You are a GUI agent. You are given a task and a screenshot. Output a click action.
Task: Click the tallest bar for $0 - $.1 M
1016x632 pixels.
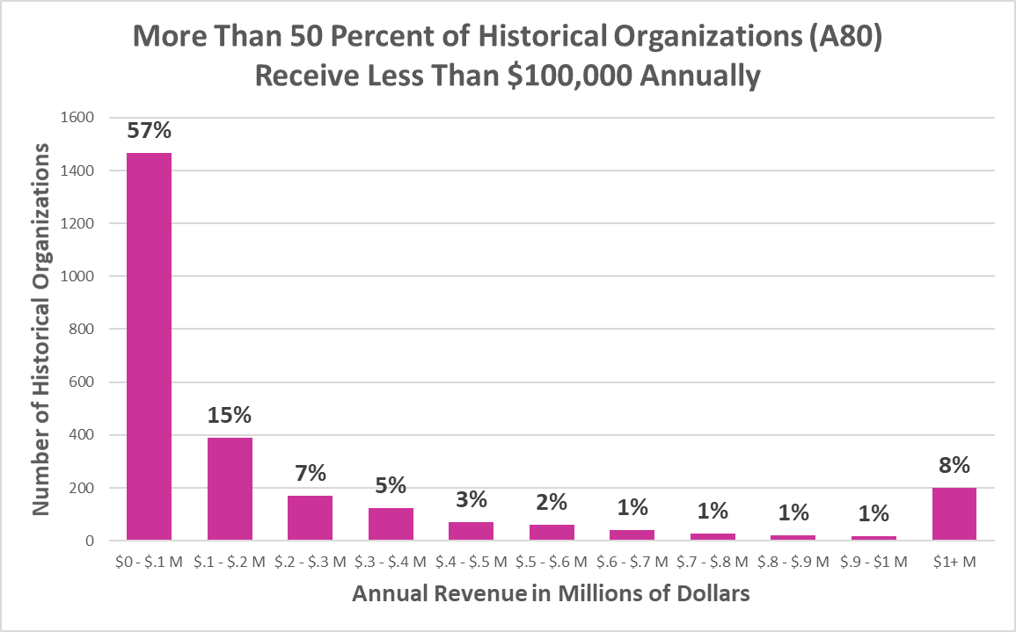[149, 346]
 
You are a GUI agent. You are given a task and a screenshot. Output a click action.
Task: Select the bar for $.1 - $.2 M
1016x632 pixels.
[230, 489]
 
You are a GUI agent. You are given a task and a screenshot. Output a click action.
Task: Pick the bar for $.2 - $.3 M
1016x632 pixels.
[310, 518]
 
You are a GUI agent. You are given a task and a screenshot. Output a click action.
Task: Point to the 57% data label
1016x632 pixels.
[149, 130]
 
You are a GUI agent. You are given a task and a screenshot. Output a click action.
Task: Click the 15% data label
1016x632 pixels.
[230, 415]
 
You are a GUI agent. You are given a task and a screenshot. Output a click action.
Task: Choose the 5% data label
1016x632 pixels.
[391, 485]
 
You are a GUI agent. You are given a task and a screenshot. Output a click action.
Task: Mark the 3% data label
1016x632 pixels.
[471, 499]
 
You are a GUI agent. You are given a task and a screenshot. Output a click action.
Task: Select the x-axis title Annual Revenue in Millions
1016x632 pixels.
[551, 593]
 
